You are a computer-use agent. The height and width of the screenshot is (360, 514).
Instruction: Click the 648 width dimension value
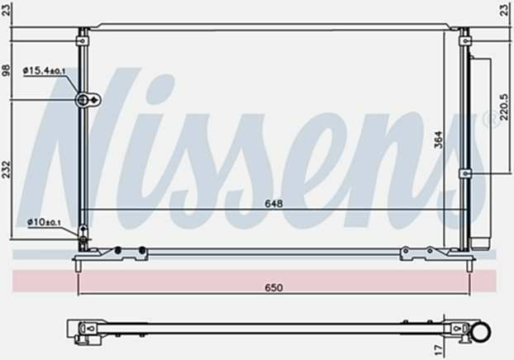tap(274, 204)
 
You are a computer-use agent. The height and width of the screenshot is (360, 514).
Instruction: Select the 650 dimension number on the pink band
tap(274, 287)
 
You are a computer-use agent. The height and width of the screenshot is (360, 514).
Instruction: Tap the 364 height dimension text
tap(438, 140)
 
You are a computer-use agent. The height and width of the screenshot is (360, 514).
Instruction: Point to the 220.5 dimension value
tap(504, 107)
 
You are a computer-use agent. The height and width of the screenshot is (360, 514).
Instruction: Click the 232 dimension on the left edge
tap(7, 169)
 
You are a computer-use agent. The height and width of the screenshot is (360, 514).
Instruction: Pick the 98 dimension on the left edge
tap(7, 70)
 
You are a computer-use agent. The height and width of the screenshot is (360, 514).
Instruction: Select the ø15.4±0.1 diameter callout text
tap(45, 70)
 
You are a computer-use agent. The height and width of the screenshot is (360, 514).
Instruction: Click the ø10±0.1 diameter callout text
tap(44, 222)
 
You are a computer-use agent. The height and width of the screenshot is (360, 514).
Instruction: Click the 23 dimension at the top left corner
tap(7, 10)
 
